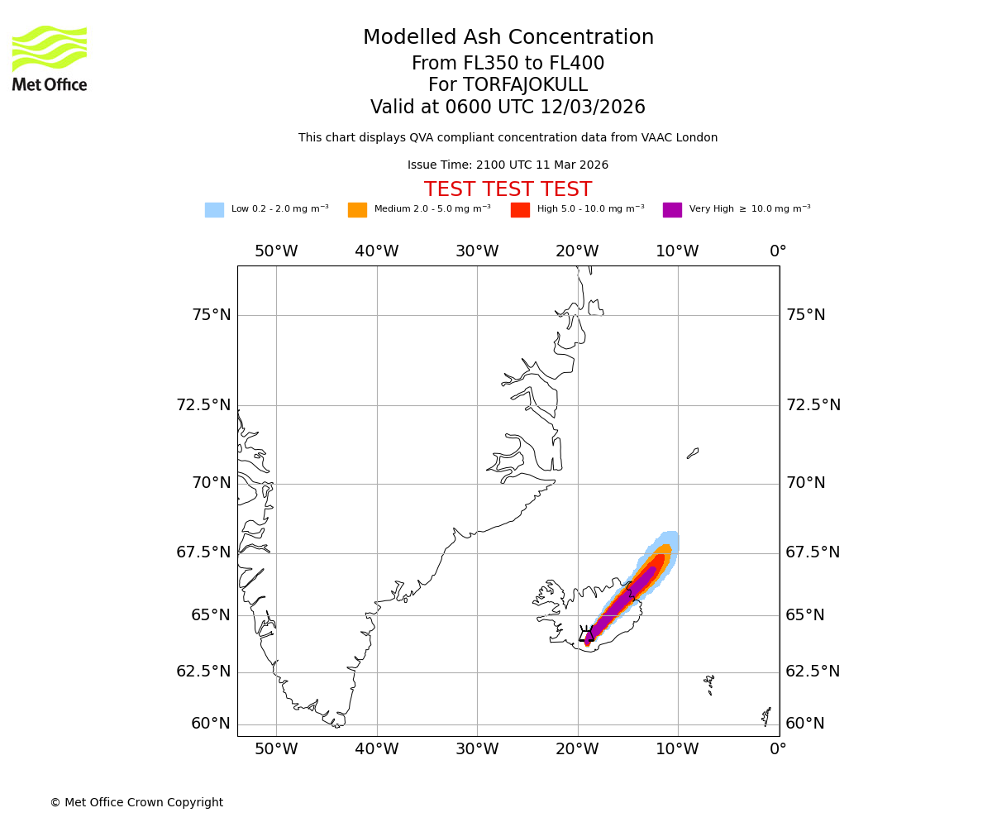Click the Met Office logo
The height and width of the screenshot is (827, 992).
coord(50,58)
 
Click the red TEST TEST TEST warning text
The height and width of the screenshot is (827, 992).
coord(508,190)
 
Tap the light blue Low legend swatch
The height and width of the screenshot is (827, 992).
coord(214,210)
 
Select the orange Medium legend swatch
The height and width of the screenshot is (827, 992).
coord(357,210)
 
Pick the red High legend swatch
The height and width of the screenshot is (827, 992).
coord(520,210)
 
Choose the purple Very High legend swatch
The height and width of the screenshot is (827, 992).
coord(672,210)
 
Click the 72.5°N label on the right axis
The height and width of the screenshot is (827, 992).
coord(813,405)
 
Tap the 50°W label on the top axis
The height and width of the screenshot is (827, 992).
coord(276,251)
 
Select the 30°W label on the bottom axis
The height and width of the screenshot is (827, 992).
coord(477,750)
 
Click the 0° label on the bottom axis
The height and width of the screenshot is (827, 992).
coord(778,750)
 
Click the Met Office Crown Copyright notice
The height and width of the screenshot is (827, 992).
coord(136,803)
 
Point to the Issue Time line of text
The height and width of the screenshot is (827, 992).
coord(508,165)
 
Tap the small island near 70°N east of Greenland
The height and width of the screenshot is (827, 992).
coord(693,453)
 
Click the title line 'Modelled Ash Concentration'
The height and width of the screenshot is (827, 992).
coord(508,38)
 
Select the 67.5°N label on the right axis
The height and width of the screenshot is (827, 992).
coord(813,552)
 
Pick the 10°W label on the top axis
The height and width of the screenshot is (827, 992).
coord(677,251)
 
